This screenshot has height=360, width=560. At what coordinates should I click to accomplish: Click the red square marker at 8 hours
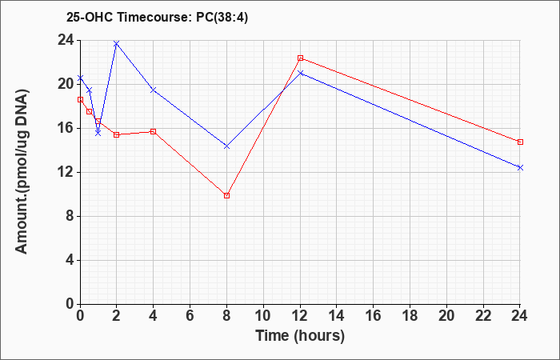click(226, 195)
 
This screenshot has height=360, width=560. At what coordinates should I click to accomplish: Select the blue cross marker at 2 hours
click(116, 43)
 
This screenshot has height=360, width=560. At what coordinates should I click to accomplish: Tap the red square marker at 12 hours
click(300, 58)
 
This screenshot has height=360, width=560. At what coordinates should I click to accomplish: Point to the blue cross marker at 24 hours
click(520, 167)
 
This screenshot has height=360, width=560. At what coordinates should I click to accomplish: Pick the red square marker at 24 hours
click(520, 142)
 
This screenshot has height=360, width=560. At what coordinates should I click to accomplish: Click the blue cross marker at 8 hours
click(226, 146)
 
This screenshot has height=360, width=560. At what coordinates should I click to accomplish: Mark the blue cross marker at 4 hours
click(154, 90)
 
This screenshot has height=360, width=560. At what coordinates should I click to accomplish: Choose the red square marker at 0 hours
click(80, 100)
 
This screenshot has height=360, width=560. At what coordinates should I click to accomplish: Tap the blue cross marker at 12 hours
click(300, 73)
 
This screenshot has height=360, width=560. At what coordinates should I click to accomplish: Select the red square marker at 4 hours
click(154, 131)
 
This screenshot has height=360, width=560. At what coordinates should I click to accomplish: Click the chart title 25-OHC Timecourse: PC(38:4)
click(157, 18)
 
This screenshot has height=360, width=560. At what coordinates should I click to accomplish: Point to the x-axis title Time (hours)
click(300, 336)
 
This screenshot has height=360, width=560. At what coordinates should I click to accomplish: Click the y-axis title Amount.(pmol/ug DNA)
click(22, 172)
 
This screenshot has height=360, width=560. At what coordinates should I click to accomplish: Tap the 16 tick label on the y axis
click(66, 128)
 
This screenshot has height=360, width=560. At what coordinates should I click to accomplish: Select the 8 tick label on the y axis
click(70, 217)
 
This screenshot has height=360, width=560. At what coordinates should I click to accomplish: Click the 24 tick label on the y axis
click(66, 40)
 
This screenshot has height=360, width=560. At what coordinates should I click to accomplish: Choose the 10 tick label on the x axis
click(263, 316)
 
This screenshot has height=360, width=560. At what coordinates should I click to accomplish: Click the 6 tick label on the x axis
click(190, 316)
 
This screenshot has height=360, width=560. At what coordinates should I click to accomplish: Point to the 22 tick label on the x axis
click(483, 316)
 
